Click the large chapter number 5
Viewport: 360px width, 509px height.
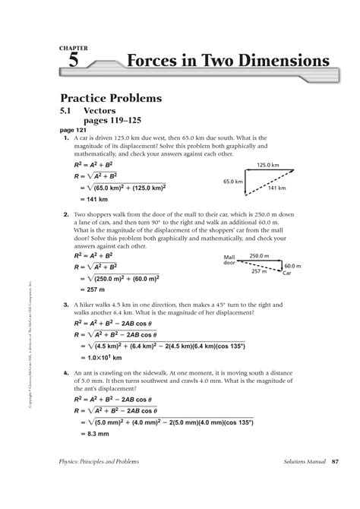coord(73,64)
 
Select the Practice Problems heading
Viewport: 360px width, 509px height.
coord(111,100)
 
